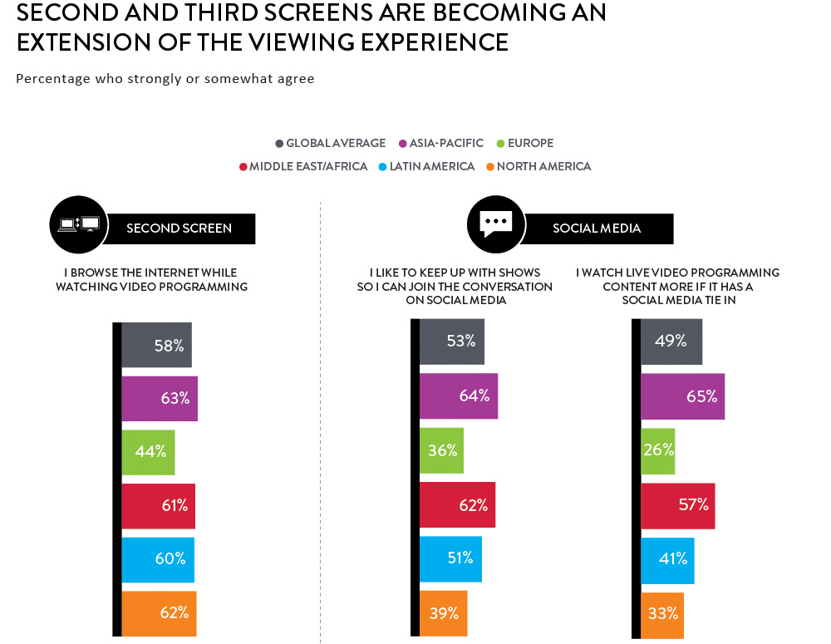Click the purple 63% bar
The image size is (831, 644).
pyautogui.click(x=160, y=399)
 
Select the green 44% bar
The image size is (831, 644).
pyautogui.click(x=149, y=452)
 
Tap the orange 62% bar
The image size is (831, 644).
pyautogui.click(x=159, y=613)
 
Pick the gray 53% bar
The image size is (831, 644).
pyautogui.click(x=452, y=342)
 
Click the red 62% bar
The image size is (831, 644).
pyautogui.click(x=457, y=504)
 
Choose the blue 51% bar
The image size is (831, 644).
pyautogui.click(x=451, y=559)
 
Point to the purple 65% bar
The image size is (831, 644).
pyautogui.click(x=682, y=396)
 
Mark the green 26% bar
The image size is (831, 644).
pyautogui.click(x=657, y=451)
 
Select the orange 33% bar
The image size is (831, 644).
pyautogui.click(x=662, y=616)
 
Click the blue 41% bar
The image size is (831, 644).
pyautogui.click(x=667, y=561)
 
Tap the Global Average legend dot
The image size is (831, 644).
pyautogui.click(x=279, y=144)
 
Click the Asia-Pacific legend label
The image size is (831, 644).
pyautogui.click(x=446, y=143)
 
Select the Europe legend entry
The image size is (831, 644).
pyautogui.click(x=524, y=143)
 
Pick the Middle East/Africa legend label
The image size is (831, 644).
pyautogui.click(x=308, y=166)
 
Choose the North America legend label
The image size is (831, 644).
pyautogui.click(x=543, y=166)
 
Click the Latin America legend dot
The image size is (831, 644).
pyautogui.click(x=382, y=167)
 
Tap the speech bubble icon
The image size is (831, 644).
pyautogui.click(x=496, y=224)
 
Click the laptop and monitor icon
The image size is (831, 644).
pyautogui.click(x=78, y=224)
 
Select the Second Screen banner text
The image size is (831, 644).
pyautogui.click(x=179, y=229)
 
